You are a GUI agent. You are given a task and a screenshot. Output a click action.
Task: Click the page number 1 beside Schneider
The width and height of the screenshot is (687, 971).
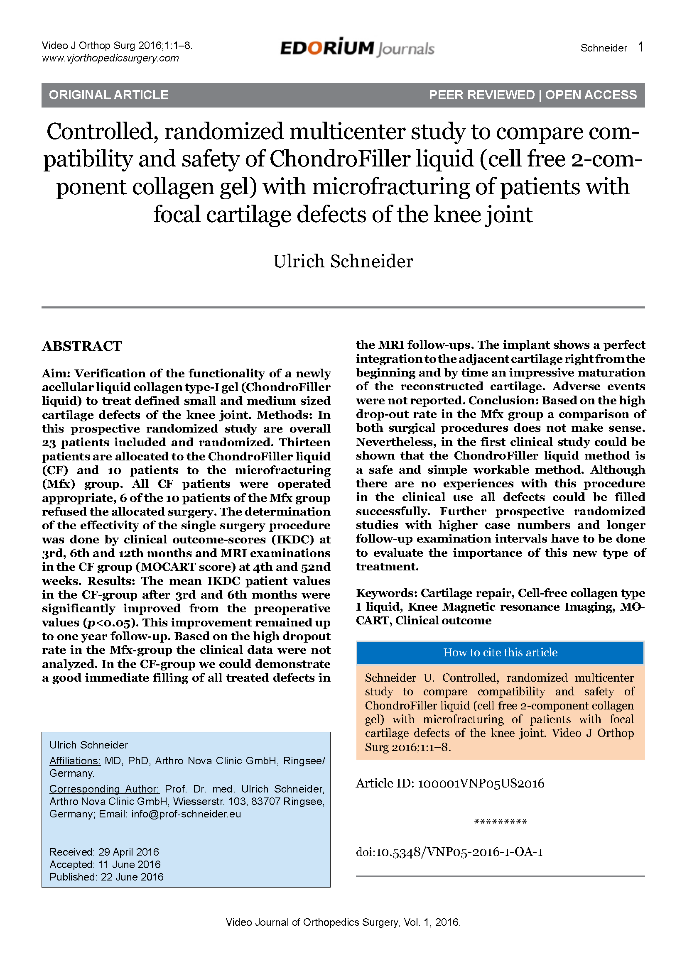(x=640, y=47)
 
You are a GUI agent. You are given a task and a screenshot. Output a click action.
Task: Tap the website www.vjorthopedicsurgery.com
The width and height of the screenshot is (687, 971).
(x=110, y=58)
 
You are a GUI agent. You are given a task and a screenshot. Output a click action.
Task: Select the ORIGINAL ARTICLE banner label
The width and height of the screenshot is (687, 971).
(x=109, y=95)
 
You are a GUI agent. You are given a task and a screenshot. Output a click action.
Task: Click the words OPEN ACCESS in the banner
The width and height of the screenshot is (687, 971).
(x=591, y=95)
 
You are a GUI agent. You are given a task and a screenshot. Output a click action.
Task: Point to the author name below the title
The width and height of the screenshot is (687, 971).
(x=343, y=262)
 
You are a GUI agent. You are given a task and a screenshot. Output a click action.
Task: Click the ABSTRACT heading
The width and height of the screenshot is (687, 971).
(x=82, y=346)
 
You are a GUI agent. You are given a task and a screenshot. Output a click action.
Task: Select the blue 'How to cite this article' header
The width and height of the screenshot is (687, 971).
(x=500, y=653)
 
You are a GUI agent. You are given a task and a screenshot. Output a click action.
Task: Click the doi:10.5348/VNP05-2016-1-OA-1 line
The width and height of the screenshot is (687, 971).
(x=449, y=852)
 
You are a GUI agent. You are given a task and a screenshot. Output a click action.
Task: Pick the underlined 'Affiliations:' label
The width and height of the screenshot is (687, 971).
(x=75, y=761)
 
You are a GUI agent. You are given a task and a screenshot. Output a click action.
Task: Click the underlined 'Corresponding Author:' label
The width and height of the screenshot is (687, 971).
(x=104, y=789)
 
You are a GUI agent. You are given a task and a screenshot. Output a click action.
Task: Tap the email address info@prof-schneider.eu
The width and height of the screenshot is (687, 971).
(x=186, y=814)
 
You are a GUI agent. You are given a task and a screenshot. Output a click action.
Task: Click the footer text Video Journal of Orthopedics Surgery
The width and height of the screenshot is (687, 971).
(x=312, y=922)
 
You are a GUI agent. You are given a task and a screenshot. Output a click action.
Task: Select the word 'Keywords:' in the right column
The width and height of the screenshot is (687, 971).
(x=387, y=593)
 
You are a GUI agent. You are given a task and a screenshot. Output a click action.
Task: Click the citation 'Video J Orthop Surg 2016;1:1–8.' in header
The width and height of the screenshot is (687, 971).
(x=117, y=46)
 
